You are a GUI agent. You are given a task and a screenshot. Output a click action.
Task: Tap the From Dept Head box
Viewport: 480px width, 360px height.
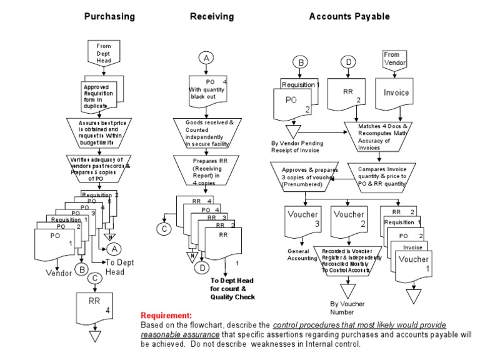pos(103,53)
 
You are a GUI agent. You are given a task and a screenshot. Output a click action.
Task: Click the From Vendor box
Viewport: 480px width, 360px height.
pos(394,59)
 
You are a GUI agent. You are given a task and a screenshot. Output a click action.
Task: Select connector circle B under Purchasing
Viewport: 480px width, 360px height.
pos(81,269)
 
